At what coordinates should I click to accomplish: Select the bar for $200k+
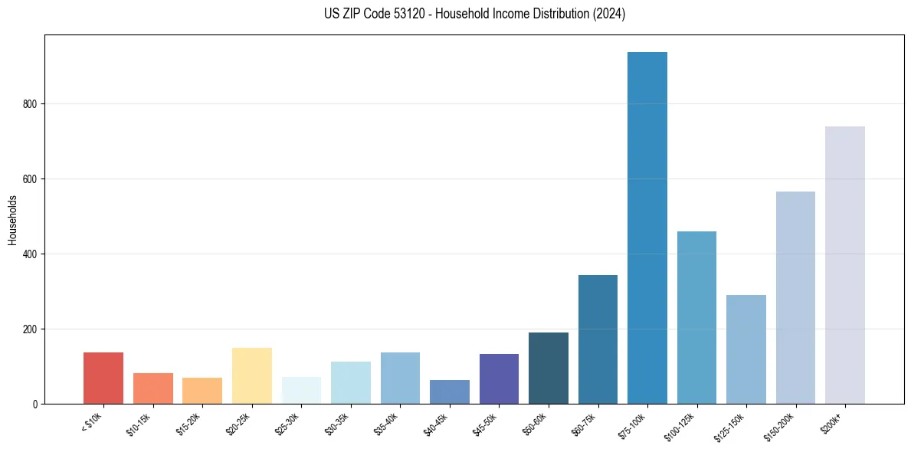[845, 265]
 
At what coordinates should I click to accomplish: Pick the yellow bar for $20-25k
[252, 375]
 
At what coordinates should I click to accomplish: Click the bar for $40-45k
[450, 391]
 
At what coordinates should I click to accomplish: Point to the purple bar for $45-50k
[499, 378]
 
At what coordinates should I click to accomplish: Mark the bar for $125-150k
[746, 349]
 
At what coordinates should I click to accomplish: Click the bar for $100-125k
[696, 317]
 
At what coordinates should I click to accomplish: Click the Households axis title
[12, 220]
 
